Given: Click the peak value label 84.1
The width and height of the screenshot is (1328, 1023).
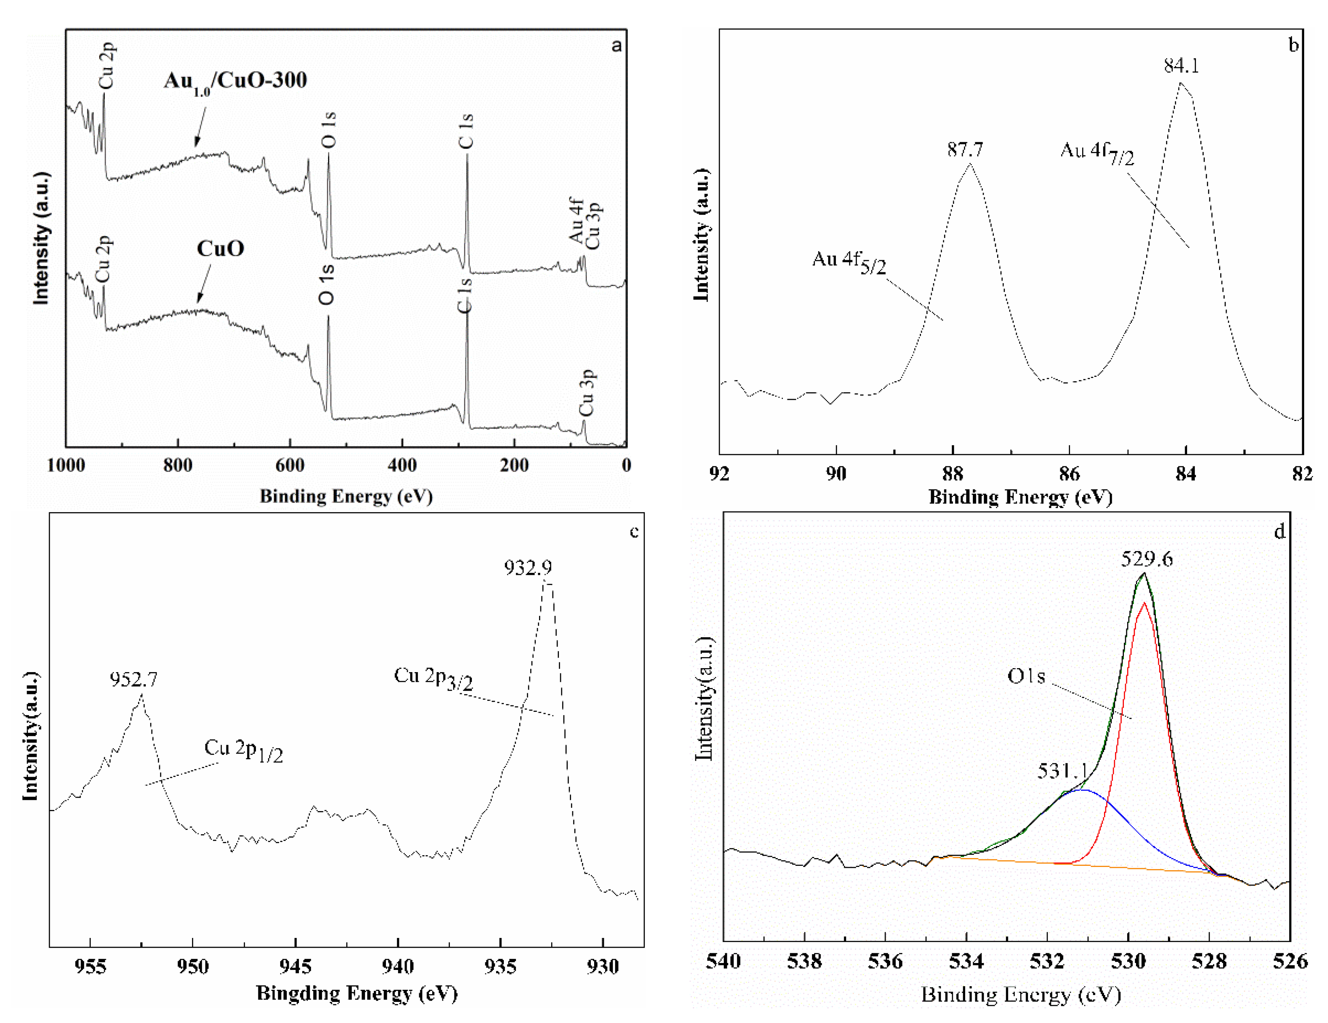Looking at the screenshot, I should click(1181, 66).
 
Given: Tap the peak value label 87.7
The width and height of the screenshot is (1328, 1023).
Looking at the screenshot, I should click(965, 149).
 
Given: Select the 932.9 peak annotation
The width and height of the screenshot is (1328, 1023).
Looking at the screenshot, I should click(528, 568).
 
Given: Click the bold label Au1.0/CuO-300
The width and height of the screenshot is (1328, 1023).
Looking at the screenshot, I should click(235, 81).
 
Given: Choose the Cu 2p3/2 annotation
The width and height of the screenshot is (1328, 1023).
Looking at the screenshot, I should click(433, 677).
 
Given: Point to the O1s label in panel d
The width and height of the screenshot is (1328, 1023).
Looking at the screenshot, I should click(1026, 676).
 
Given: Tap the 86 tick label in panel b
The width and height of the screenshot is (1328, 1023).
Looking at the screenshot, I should click(1069, 473).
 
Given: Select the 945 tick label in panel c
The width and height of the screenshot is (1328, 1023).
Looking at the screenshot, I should click(296, 966).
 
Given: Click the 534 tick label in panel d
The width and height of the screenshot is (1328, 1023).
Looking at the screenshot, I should click(966, 961).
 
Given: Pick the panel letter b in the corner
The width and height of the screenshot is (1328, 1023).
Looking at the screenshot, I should click(1293, 45).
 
